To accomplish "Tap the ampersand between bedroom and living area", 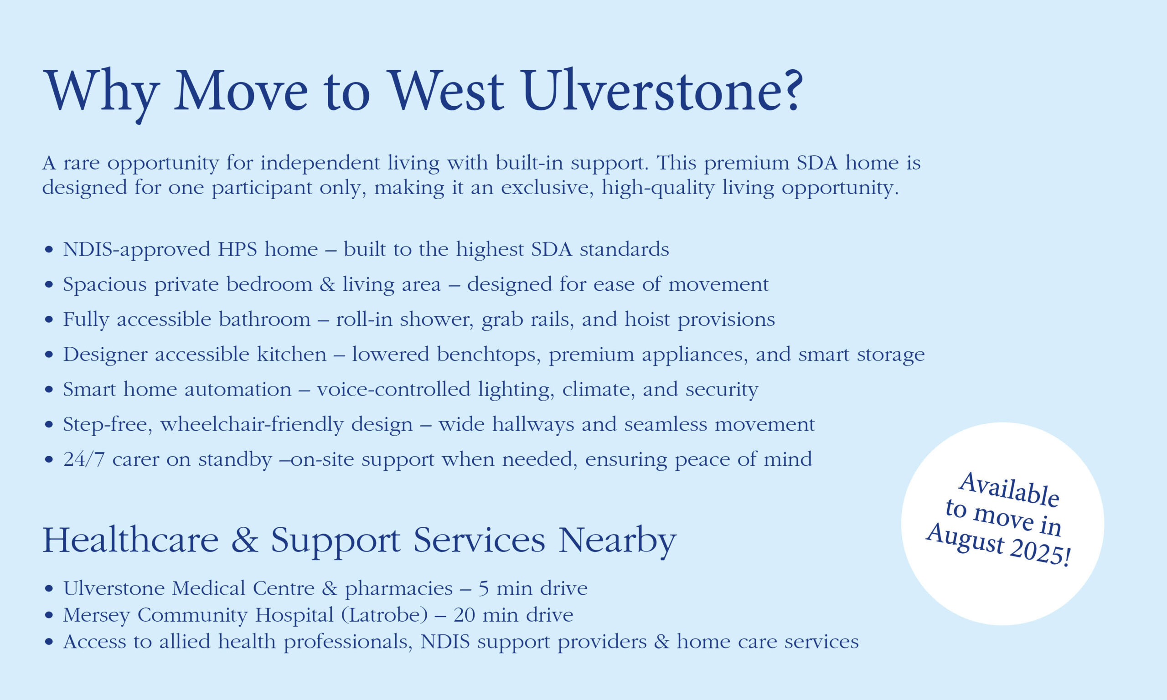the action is click(327, 284).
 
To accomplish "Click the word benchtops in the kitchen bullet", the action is click(489, 355).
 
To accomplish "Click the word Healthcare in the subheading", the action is click(131, 540).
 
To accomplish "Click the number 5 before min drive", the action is click(484, 589).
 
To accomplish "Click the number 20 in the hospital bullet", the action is click(464, 615).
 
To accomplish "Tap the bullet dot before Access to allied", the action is click(49, 642).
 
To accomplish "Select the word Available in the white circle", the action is click(1009, 490).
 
